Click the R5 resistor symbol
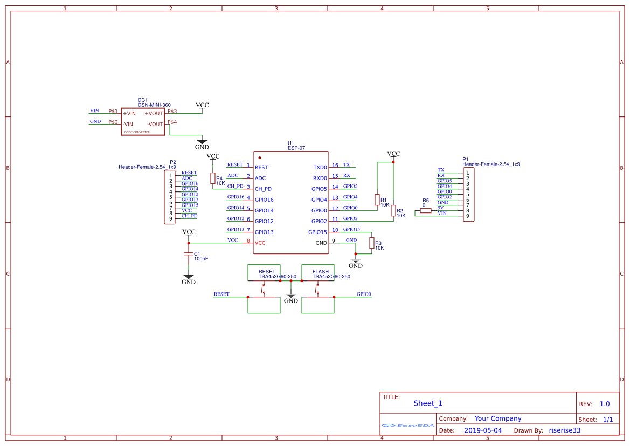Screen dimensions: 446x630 (x=426, y=211)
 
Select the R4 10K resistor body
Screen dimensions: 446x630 (x=212, y=178)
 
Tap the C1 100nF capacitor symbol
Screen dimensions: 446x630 (x=189, y=253)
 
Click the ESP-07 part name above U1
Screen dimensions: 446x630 (x=296, y=148)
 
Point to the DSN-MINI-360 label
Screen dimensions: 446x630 (x=154, y=105)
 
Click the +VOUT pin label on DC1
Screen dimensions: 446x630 (x=154, y=114)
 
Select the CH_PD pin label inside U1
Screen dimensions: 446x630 (x=263, y=189)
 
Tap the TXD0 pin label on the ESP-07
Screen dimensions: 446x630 (x=320, y=168)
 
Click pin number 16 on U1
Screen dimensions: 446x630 (x=335, y=166)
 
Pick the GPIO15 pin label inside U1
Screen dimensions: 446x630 (x=317, y=232)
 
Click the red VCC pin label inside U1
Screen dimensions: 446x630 (x=260, y=243)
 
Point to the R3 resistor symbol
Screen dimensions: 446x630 (x=371, y=243)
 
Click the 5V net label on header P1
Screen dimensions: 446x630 (x=440, y=208)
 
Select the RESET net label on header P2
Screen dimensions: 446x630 (x=189, y=173)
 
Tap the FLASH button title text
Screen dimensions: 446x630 (x=320, y=272)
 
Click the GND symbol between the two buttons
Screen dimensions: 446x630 (x=291, y=298)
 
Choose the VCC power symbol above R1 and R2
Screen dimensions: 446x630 (x=394, y=154)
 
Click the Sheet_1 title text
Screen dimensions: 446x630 (x=428, y=403)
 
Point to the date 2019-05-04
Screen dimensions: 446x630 (x=483, y=430)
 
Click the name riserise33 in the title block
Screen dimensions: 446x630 (x=564, y=430)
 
